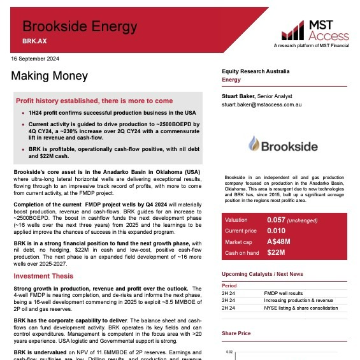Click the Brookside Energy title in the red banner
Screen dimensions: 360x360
click(80, 27)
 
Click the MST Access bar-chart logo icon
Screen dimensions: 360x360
click(293, 29)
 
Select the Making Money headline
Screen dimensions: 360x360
click(49, 76)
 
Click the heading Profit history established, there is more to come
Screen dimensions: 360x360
click(94, 101)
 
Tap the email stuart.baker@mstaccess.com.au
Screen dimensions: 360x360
click(266, 103)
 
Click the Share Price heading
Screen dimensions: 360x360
click(236, 333)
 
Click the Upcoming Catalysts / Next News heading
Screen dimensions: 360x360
click(262, 274)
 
